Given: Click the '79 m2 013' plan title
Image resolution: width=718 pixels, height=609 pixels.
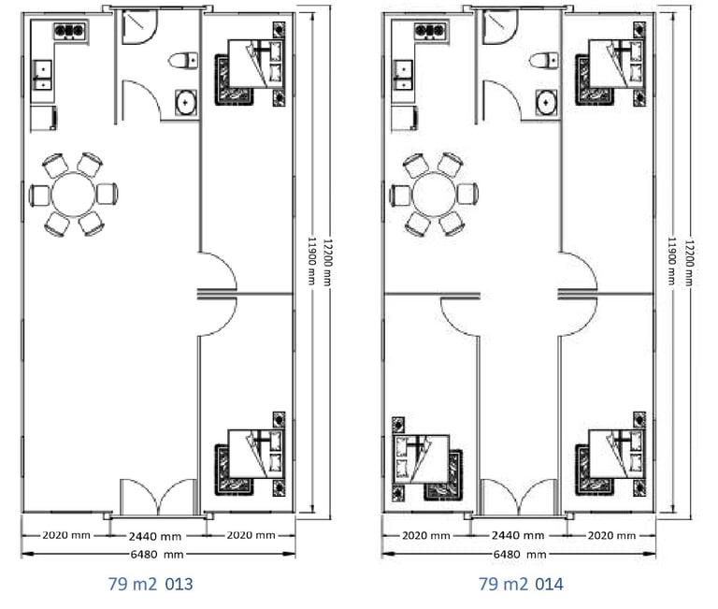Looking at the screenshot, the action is tap(151, 585).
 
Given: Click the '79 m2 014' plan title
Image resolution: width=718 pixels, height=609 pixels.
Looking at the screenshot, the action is tap(521, 585).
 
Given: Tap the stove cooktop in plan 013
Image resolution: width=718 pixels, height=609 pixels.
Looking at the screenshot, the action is tap(69, 31).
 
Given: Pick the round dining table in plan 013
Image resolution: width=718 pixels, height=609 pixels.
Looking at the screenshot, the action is tap(73, 195).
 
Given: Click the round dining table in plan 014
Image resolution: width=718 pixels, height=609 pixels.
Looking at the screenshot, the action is tap(434, 195).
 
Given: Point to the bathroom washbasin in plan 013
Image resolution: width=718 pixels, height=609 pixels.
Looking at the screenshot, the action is tap(186, 102).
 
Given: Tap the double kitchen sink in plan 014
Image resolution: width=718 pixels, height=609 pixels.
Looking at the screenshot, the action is tap(403, 75).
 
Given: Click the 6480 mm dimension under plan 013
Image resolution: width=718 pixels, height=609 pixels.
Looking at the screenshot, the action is tap(157, 555).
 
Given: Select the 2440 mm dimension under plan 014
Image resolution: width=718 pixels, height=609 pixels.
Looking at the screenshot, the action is tap(518, 535).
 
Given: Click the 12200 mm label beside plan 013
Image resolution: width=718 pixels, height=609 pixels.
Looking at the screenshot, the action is tap(327, 262).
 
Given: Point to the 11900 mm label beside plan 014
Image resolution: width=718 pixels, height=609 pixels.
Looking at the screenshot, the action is tap(672, 261).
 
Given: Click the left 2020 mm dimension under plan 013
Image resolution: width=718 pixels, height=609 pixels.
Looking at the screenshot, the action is tap(66, 535).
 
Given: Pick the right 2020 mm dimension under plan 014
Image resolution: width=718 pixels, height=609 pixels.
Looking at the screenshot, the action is tap(611, 535).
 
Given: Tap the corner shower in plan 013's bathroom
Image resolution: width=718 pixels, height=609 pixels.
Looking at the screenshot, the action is tap(139, 27).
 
